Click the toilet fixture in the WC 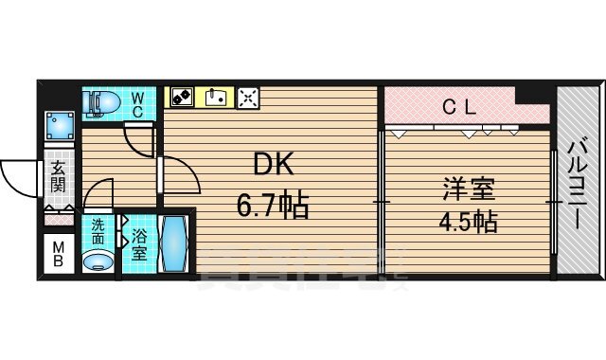pos(98,102)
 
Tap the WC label pos(137,103)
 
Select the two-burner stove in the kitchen pos(181,97)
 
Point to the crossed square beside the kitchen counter pos(248,97)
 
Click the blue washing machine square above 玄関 pos(60,127)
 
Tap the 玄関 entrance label pos(58,177)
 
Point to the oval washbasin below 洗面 pos(97,260)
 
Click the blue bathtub pos(174,244)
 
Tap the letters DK pos(272,166)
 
